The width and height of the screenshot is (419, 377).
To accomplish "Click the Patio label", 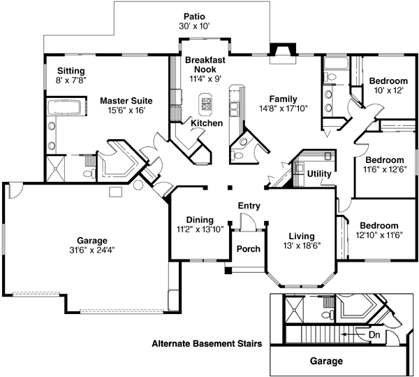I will coord(194,15).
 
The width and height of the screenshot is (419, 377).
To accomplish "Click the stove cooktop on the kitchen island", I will coord(207,104).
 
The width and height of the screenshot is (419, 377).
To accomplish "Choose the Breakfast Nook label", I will coord(205,65).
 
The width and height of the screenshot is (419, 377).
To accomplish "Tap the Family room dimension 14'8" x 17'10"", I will coord(284,109).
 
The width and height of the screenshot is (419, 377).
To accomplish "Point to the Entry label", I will coord(249,206).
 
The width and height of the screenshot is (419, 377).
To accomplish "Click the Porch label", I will coord(248,249).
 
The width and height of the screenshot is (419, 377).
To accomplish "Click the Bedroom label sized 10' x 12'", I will coord(388,80).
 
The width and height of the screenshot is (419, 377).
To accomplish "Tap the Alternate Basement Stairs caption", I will coord(207,344).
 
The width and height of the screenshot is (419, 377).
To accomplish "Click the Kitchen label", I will coord(207,123).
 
